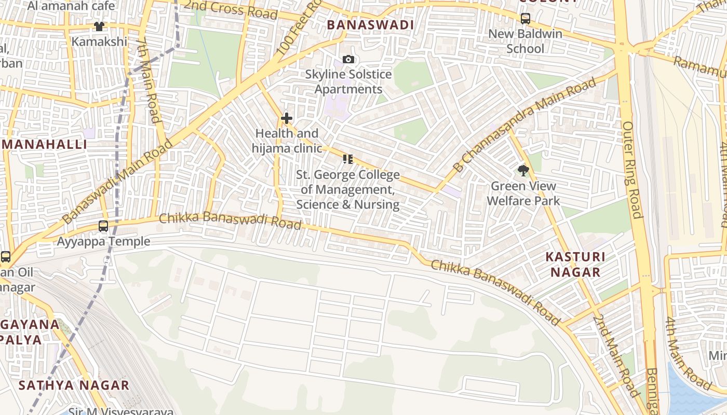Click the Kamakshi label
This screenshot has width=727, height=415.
[x=99, y=41]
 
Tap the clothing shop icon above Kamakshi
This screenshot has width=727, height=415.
[x=99, y=26]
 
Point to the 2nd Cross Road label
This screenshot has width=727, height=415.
[x=231, y=9]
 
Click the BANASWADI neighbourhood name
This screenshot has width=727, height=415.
[x=370, y=25]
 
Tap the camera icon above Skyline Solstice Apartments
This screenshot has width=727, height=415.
[x=348, y=60]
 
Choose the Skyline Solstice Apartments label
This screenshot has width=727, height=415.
[x=348, y=82]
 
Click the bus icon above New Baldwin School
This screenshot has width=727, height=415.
[x=526, y=19]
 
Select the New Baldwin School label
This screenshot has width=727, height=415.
[x=526, y=41]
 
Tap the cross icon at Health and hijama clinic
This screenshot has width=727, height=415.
[x=287, y=119]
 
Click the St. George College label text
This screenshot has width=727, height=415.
[x=348, y=190]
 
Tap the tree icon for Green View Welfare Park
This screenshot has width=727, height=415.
[x=523, y=170]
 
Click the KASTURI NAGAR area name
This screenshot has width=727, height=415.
[x=575, y=265]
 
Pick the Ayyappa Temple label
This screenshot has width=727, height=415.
[x=103, y=241]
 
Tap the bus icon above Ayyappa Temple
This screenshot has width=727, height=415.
[x=103, y=226]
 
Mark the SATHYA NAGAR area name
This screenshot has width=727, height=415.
[x=74, y=385]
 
